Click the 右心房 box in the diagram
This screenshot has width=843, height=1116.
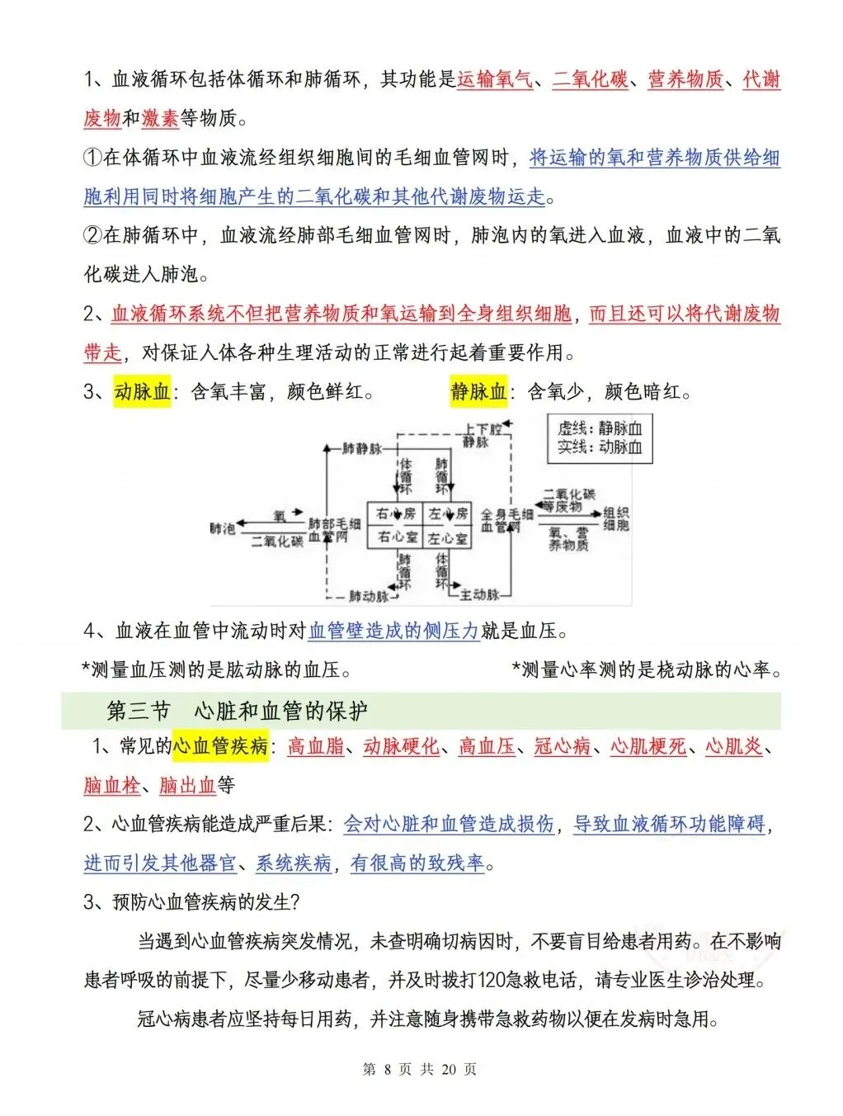click(x=396, y=513)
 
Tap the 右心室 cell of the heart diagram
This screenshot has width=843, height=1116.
click(x=396, y=537)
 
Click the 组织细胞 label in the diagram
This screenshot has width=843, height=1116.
click(x=616, y=519)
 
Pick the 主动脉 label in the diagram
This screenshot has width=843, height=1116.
click(x=478, y=594)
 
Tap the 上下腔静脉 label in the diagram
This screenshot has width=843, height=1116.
click(x=483, y=436)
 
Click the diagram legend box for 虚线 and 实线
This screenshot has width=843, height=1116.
click(x=600, y=438)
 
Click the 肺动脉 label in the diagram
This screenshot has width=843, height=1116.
click(x=368, y=596)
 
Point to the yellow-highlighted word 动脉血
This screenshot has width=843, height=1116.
click(x=143, y=391)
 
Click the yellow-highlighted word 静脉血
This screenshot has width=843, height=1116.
click(x=478, y=391)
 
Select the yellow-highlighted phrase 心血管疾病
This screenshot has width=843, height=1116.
click(x=221, y=747)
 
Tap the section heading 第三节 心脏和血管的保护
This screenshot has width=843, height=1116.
click(x=238, y=711)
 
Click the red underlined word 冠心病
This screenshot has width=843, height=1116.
click(x=563, y=747)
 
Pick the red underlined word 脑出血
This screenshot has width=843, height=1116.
click(x=187, y=785)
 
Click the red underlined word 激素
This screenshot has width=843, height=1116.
click(x=160, y=119)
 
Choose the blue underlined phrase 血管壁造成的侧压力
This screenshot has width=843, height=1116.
click(x=393, y=631)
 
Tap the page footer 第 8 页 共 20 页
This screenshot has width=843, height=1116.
click(x=420, y=1069)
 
